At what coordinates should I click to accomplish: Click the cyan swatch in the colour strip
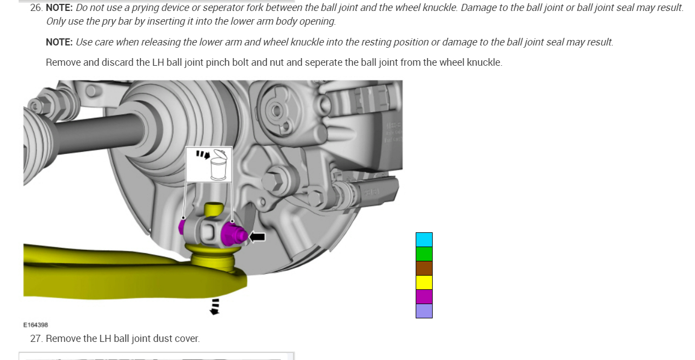click(x=424, y=239)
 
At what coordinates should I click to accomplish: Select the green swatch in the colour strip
click(x=424, y=254)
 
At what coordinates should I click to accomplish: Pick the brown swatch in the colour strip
click(x=424, y=268)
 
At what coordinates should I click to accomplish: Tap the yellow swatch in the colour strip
click(x=424, y=282)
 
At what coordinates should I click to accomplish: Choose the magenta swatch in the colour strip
click(x=424, y=296)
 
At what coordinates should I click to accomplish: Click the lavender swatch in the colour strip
click(x=424, y=311)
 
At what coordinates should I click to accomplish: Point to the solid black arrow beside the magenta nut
click(x=257, y=237)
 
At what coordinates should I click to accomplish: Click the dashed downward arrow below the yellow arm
click(x=214, y=307)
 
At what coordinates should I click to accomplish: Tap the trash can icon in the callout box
click(x=219, y=165)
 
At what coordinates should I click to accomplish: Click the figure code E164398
click(x=36, y=325)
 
